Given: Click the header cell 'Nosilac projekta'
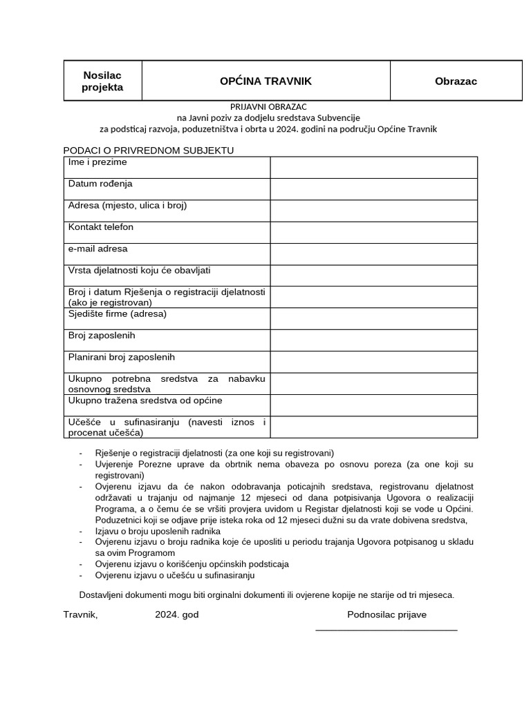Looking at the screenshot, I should click(x=102, y=81).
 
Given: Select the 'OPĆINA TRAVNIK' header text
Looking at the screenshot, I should click(x=265, y=81).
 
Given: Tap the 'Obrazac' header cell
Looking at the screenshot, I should click(x=456, y=81).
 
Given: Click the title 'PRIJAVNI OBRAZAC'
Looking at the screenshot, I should click(x=268, y=106).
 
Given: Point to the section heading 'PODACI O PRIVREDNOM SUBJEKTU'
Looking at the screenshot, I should click(x=149, y=150).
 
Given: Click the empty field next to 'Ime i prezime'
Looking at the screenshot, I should click(x=373, y=167).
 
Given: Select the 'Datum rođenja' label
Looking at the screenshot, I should click(x=100, y=184).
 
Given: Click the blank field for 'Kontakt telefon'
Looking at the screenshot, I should click(x=373, y=232).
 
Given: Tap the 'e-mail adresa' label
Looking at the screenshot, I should click(x=97, y=249).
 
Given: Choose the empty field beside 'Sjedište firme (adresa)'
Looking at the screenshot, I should click(x=373, y=318).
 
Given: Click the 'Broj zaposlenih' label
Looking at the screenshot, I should click(x=102, y=336).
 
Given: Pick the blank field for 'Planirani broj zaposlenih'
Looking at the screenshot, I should click(x=373, y=362).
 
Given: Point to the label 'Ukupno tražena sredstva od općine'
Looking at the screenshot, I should click(x=145, y=400).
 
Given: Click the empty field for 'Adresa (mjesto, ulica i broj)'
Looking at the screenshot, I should click(x=373, y=211).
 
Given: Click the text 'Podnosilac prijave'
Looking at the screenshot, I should click(x=386, y=614).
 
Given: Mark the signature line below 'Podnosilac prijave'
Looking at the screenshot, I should click(x=386, y=630).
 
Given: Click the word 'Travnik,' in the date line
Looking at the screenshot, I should click(x=80, y=614).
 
